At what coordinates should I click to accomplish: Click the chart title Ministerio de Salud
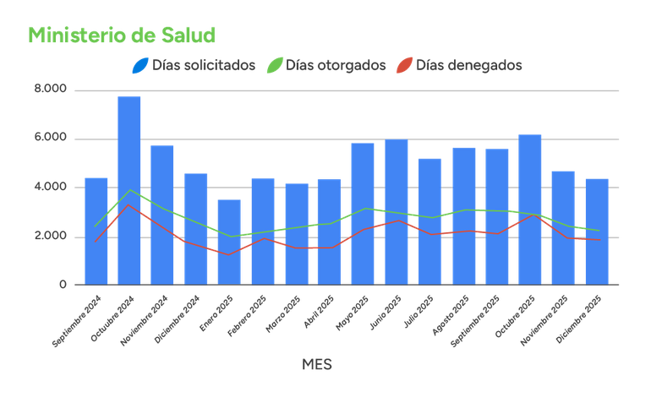[122, 35]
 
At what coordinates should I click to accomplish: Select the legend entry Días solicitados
[203, 65]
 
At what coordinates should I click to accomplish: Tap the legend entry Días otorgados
[336, 65]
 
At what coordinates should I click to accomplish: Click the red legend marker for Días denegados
[405, 65]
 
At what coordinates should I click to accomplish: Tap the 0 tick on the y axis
[62, 285]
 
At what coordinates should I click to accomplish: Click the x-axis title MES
[317, 364]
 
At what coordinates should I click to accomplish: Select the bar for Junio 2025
[397, 210]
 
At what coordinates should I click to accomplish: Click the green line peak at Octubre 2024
[129, 189]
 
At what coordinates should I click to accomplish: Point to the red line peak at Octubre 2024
[129, 205]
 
